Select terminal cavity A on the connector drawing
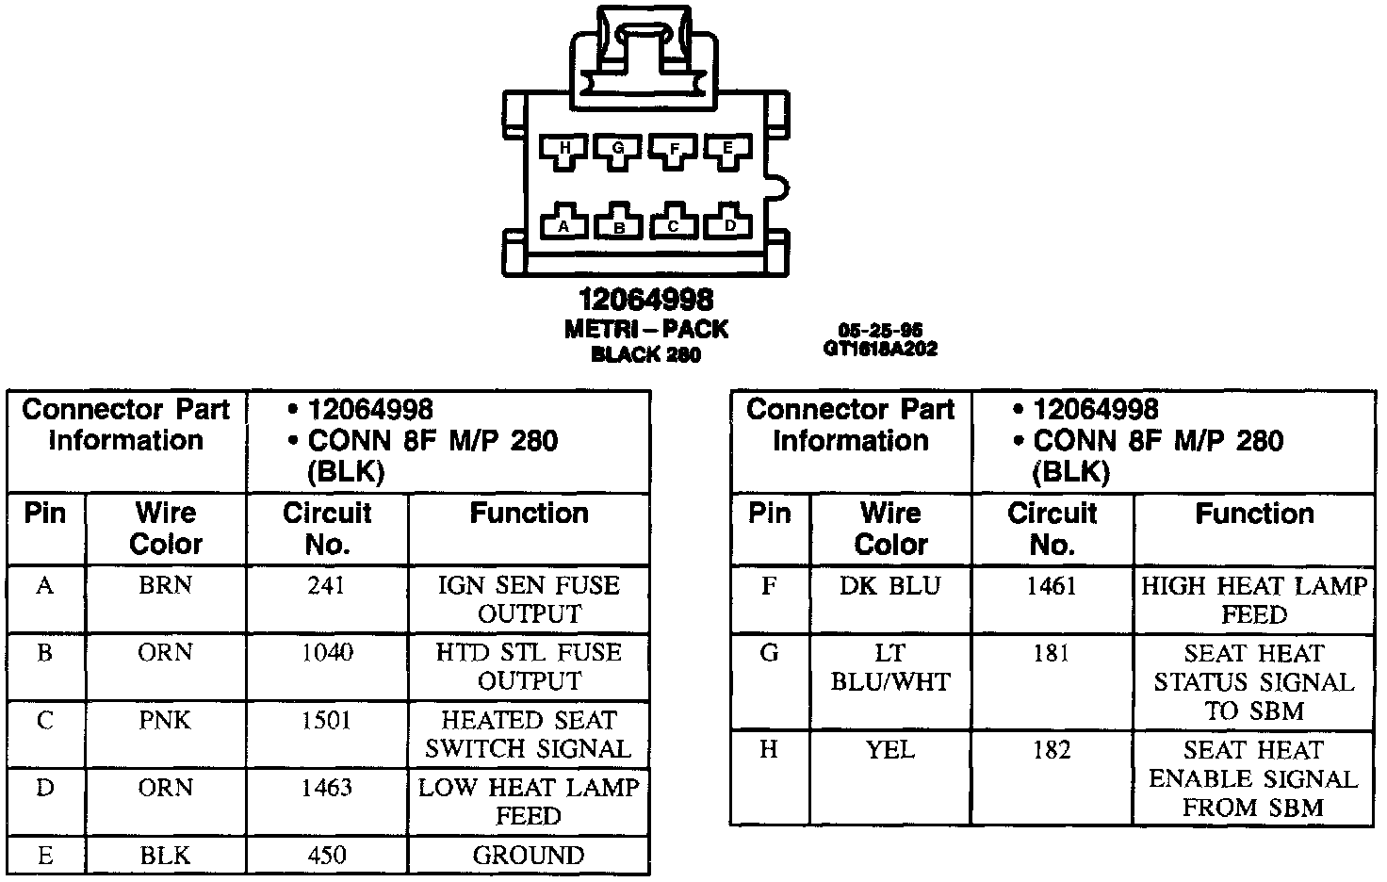coord(564,223)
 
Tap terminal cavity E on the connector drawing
coord(728,151)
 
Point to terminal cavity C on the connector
coord(674,223)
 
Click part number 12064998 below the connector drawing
coord(646,301)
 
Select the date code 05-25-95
coord(880,331)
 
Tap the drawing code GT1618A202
coord(880,349)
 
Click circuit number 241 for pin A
coord(326,586)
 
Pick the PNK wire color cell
coord(165,721)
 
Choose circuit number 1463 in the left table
coord(326,788)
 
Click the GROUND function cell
coord(529,856)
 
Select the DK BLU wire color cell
coord(889,586)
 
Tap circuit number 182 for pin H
coord(1052,750)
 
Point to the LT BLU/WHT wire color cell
coord(889,667)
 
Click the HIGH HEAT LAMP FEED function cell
coord(1254,600)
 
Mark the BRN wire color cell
coord(165,586)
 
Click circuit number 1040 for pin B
coord(326,653)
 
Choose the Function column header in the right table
coord(1254,514)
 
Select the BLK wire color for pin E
coord(165,856)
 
